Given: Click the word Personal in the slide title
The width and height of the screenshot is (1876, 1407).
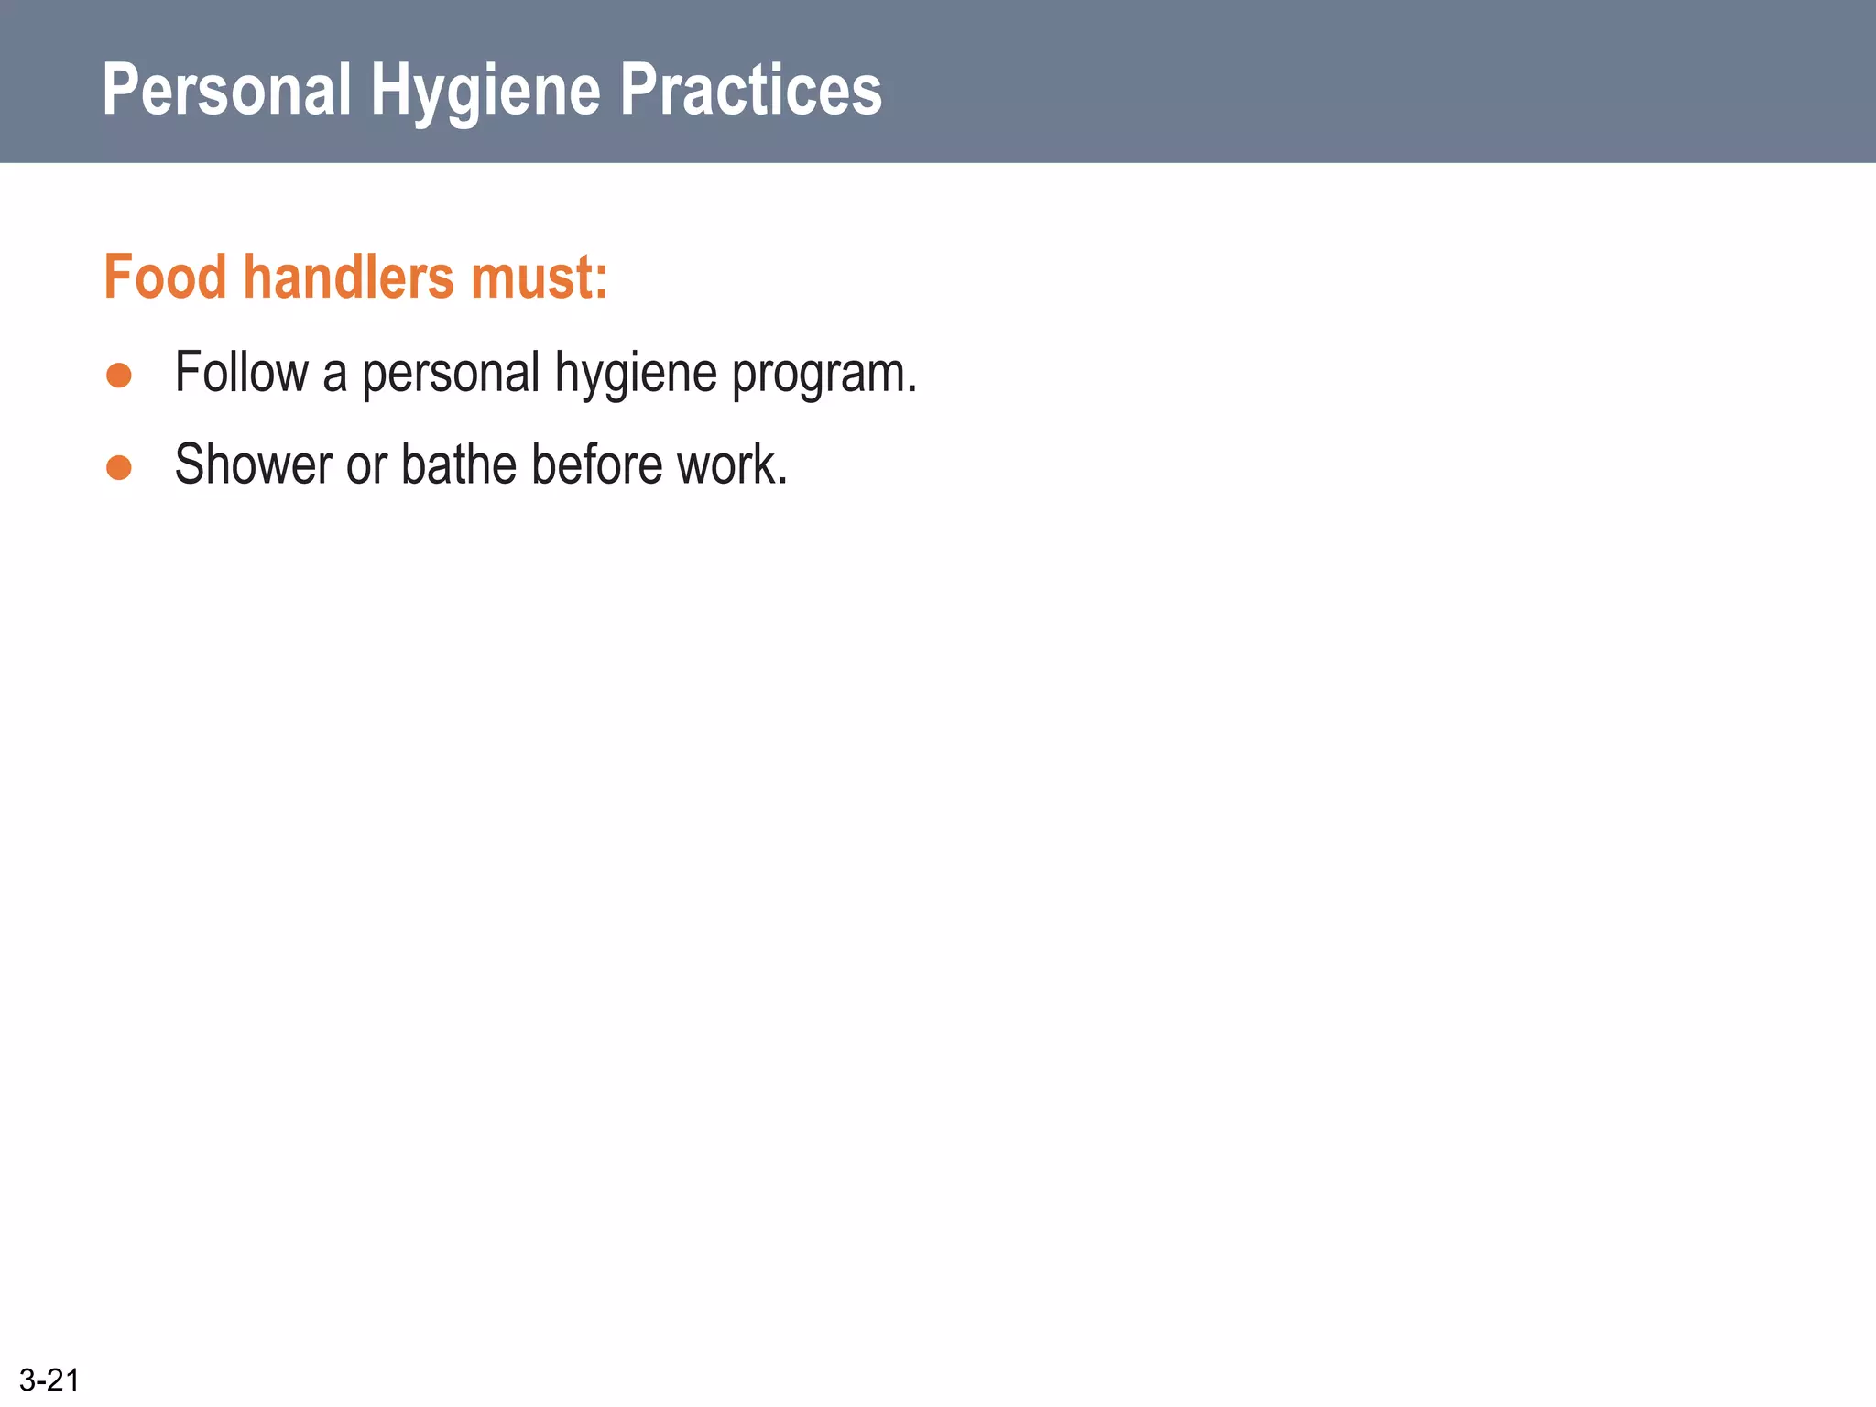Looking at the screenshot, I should (226, 90).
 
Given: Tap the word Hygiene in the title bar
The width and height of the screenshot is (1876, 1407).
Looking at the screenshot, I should (485, 92).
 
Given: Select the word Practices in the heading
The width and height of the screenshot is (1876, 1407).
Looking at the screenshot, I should (750, 90).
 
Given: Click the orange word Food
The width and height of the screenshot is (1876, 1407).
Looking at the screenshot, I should (165, 277).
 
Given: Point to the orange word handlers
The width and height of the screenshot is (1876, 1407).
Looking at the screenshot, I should (348, 277).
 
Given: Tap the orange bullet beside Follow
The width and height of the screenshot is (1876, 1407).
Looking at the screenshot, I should (119, 376).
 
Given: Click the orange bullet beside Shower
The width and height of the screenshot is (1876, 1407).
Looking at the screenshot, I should (119, 468).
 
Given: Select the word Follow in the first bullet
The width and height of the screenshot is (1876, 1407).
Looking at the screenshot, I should (242, 373).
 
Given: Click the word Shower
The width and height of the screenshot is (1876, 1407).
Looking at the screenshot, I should (253, 465).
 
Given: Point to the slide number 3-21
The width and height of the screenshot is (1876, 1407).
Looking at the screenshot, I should (49, 1380).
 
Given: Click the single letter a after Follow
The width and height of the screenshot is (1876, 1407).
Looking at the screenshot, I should (334, 376).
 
